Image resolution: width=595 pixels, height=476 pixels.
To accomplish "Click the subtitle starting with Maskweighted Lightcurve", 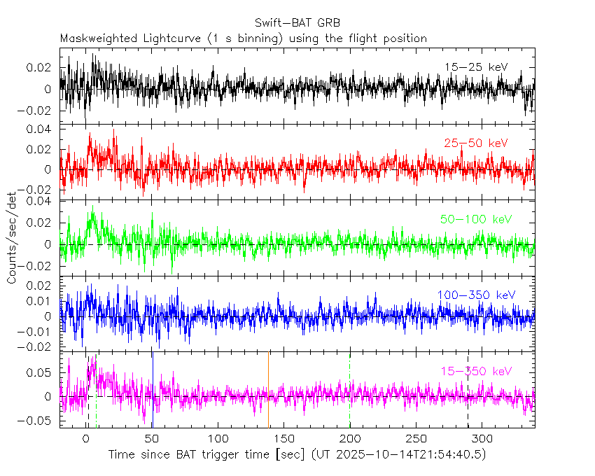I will tap(244, 38).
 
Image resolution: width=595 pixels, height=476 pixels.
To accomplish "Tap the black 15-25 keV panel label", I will tap(475, 67).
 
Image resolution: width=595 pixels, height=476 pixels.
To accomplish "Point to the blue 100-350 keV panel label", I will tap(472, 295).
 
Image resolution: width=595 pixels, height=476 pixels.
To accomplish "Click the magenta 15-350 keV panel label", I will tap(476, 371).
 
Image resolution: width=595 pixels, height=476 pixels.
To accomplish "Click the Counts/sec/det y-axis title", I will tap(12, 238).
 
